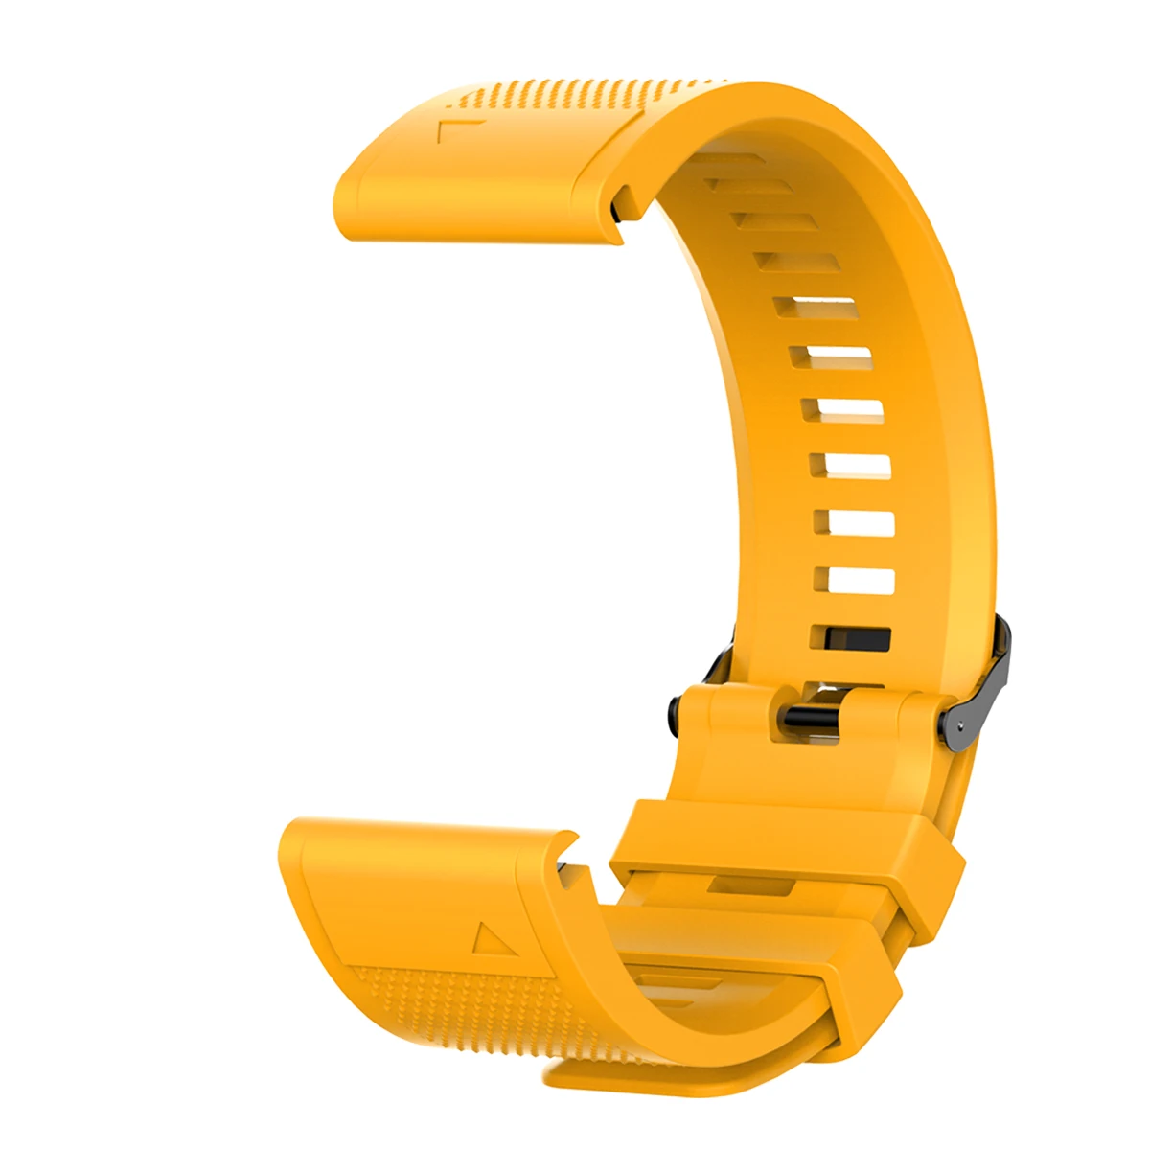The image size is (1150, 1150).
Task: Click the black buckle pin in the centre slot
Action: [x=809, y=716]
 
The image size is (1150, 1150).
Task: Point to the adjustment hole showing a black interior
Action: [x=851, y=638]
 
